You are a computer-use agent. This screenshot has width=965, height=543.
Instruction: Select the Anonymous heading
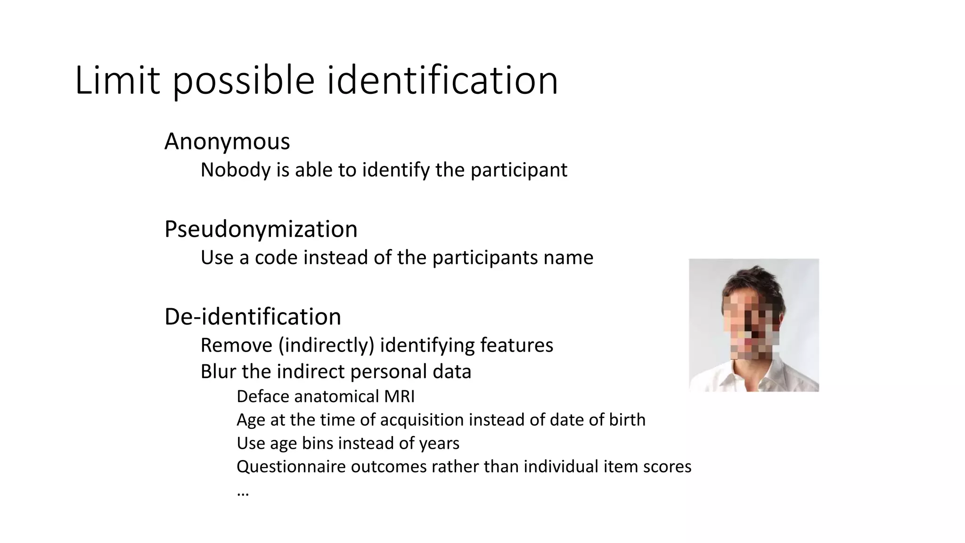click(227, 141)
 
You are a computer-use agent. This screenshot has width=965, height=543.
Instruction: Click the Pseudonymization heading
click(261, 229)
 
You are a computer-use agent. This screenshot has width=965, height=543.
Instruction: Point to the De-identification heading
click(253, 317)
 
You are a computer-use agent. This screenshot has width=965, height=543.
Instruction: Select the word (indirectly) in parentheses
click(326, 346)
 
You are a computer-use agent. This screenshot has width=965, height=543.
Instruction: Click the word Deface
click(262, 396)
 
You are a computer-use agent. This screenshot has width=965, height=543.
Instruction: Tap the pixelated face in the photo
click(749, 328)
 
